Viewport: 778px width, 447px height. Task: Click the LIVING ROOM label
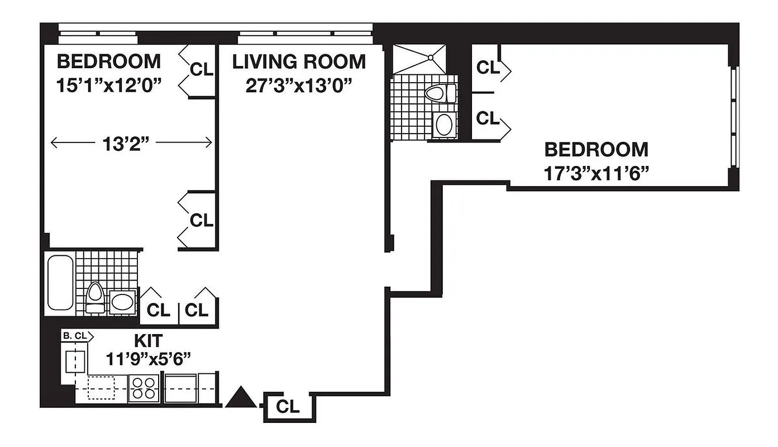(x=299, y=61)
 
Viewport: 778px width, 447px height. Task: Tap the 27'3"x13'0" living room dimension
(x=299, y=85)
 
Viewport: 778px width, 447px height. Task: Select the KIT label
(x=148, y=340)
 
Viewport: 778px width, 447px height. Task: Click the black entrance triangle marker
(x=242, y=397)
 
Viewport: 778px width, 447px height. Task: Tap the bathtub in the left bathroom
(x=60, y=282)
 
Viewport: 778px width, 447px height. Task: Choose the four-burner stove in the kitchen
(x=144, y=387)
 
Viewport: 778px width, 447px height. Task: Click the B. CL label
(x=75, y=336)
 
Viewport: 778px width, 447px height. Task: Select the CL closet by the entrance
(x=288, y=406)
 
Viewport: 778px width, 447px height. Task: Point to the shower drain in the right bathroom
(x=431, y=57)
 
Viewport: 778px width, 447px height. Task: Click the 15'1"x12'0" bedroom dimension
(x=109, y=85)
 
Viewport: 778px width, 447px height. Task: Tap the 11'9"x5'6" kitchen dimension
(x=148, y=358)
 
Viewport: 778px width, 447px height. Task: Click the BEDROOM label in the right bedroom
(x=596, y=150)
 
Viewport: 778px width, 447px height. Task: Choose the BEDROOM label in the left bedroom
(x=109, y=61)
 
